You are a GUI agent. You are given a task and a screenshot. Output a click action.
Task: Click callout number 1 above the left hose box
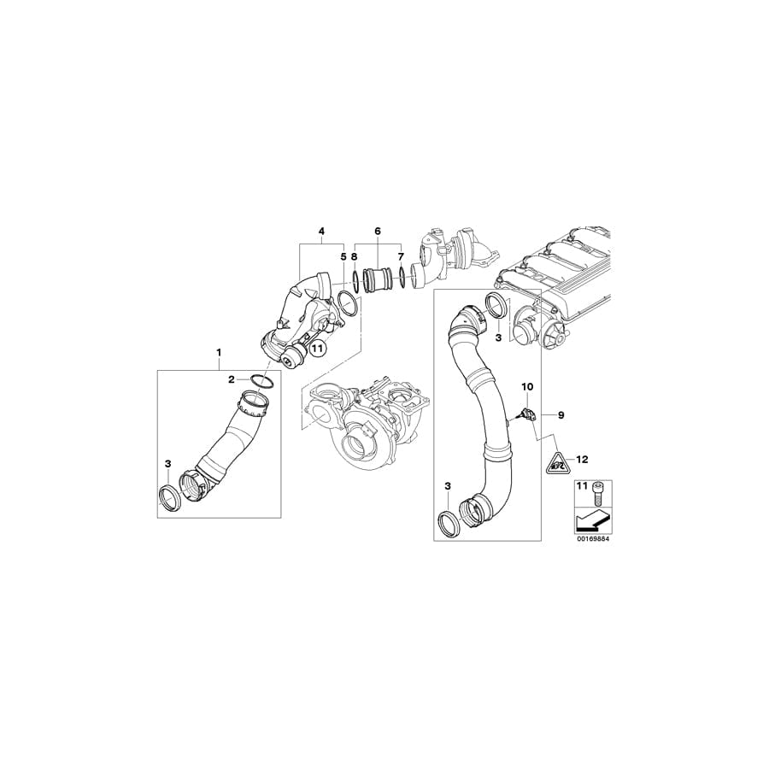point(219,352)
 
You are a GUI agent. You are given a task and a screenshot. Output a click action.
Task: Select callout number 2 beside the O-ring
point(230,379)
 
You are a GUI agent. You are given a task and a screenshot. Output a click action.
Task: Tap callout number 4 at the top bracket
point(321,232)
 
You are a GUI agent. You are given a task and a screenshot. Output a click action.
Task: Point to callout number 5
point(343,255)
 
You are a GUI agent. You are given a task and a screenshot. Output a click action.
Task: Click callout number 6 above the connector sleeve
point(377,232)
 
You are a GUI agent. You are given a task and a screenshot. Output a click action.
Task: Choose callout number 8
point(354,255)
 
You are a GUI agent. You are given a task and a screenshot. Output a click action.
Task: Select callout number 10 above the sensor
point(527,386)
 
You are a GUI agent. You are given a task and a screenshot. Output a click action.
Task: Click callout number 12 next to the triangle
point(583,459)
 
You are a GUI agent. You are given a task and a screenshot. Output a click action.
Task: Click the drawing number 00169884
point(591,540)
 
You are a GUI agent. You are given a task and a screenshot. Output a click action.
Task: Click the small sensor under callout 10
point(524,415)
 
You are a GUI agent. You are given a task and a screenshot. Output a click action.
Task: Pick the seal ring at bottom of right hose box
point(449,523)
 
